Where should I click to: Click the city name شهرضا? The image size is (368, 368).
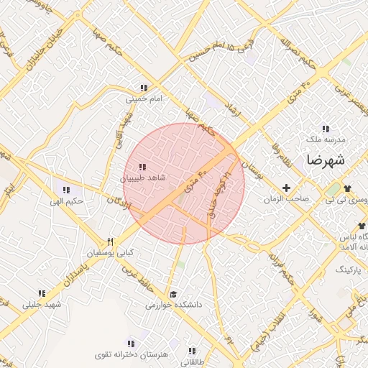point(325,160)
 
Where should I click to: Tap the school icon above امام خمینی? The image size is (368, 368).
point(144,88)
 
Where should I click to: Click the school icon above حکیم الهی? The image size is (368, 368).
point(66,190)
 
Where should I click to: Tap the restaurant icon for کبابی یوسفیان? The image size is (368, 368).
point(110,241)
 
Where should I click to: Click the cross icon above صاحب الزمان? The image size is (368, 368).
point(287,188)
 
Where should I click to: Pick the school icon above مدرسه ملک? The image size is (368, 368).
point(326,128)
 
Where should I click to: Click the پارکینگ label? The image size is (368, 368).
point(349,268)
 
